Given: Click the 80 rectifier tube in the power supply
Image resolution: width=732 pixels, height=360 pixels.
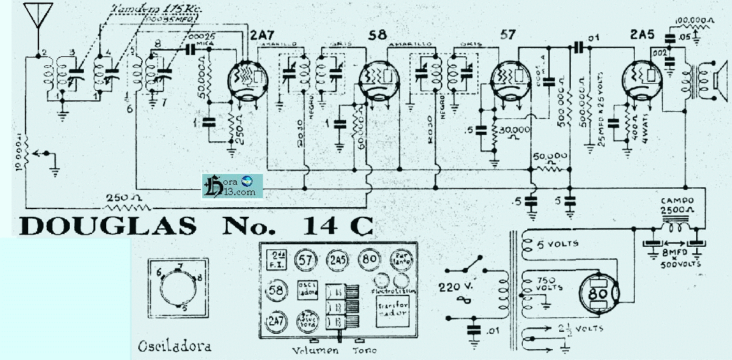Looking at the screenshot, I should coord(598,293).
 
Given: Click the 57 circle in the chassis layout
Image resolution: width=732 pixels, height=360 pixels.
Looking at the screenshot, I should coord(305,260).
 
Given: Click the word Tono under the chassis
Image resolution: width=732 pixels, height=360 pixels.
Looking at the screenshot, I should coord(364,350).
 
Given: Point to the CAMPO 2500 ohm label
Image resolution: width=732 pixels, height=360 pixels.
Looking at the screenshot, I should coord(679,205).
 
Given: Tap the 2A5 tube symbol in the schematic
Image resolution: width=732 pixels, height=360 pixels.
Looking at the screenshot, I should coord(642,77).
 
